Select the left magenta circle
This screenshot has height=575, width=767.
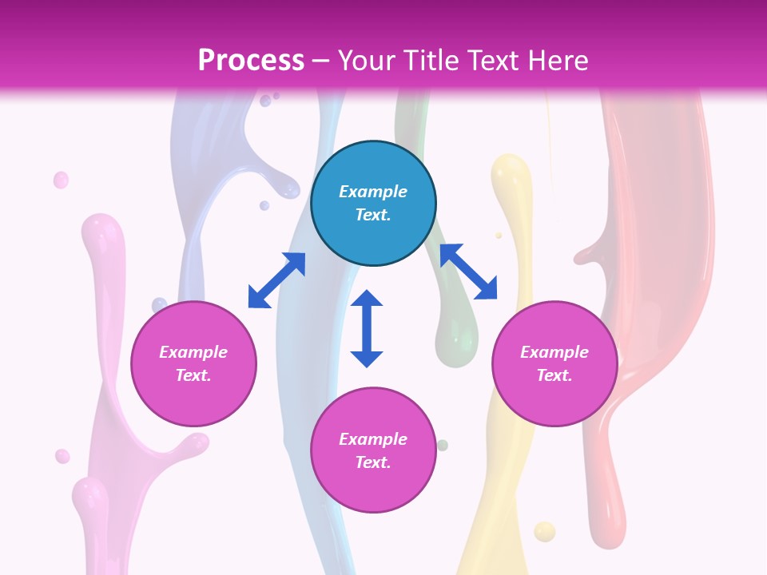click(193, 363)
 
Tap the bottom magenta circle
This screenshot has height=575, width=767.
click(373, 450)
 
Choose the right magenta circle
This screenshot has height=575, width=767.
click(554, 363)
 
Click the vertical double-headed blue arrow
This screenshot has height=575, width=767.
click(367, 328)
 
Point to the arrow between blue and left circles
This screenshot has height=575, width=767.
click(276, 280)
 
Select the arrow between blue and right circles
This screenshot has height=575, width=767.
click(468, 272)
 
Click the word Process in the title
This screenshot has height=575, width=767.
click(251, 61)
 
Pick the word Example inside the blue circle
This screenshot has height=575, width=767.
click(373, 192)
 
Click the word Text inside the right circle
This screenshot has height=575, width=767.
click(554, 375)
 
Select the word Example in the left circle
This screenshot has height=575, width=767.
click(193, 352)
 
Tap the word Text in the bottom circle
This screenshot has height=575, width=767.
click(373, 462)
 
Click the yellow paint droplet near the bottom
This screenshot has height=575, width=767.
click(544, 531)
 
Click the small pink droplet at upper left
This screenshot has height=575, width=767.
click(61, 180)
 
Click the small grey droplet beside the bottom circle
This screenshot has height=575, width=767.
click(442, 445)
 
